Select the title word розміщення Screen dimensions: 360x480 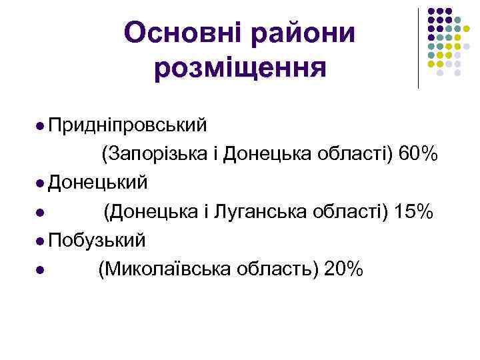tap(240, 68)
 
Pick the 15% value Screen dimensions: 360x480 tap(414, 212)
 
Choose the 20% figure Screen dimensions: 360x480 tap(343, 269)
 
